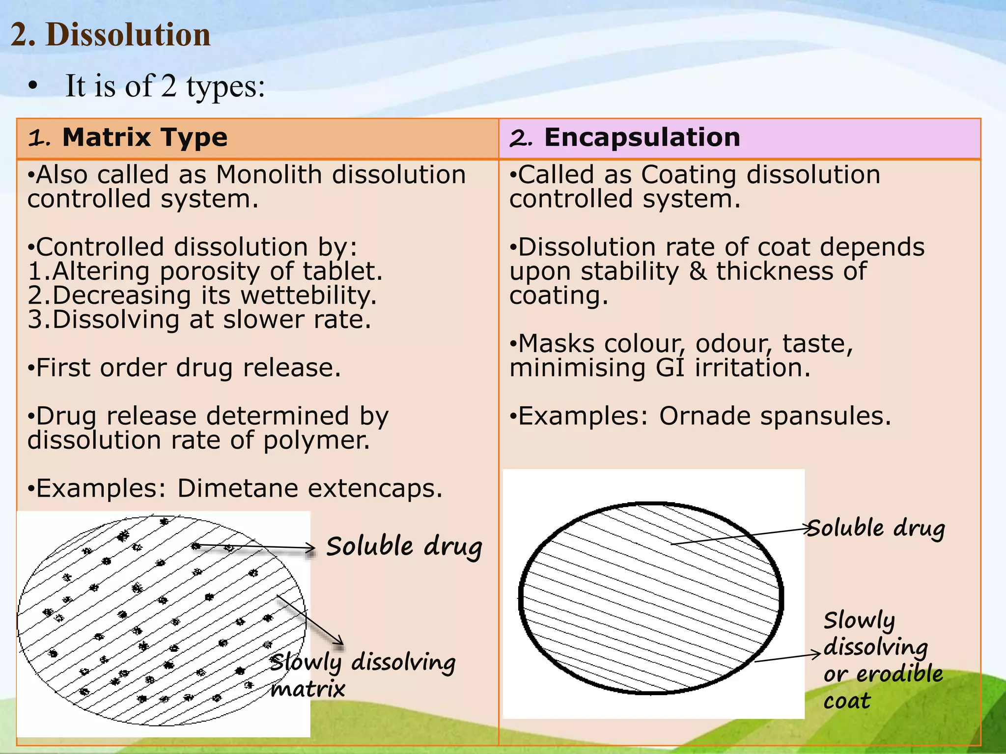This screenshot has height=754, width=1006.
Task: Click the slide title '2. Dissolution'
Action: click(x=111, y=35)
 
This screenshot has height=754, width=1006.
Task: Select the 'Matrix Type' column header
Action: click(x=144, y=137)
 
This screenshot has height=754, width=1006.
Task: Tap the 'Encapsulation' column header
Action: click(x=642, y=137)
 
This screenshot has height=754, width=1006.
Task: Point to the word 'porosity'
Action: click(x=225, y=271)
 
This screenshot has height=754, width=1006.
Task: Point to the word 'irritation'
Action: click(x=752, y=368)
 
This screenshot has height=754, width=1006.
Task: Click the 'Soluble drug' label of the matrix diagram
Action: click(x=404, y=547)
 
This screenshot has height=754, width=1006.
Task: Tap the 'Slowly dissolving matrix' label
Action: click(x=362, y=674)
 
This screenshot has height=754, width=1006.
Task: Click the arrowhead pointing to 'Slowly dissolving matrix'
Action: click(x=339, y=641)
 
